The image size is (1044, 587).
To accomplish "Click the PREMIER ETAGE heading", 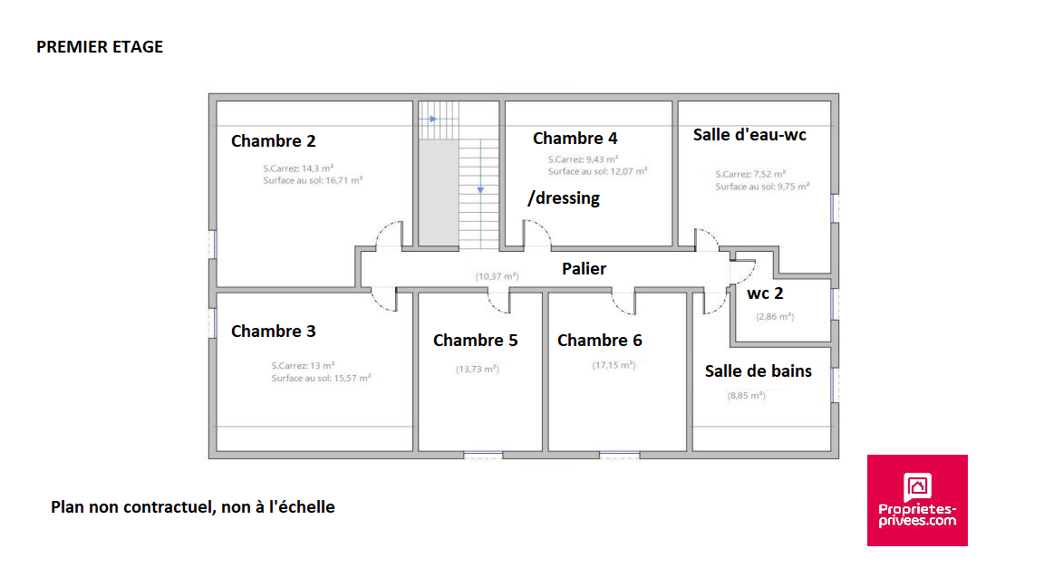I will tap(100, 47).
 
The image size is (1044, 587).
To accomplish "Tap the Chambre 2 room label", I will tap(273, 141).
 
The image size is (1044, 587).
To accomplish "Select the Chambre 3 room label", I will tap(273, 332).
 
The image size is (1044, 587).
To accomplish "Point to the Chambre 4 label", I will tap(575, 139).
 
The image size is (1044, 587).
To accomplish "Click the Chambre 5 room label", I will tap(475, 341).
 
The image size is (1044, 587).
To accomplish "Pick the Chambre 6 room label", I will tap(599, 341).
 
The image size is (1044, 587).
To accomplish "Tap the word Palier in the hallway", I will tap(584, 269).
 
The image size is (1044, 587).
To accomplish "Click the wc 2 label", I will tap(765, 293).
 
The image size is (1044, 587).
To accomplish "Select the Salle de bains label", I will tap(758, 371).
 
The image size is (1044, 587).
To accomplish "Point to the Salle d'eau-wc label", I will tap(749, 135).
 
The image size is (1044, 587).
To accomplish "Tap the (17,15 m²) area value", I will tap(614, 365).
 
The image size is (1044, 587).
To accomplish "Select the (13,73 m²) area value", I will tap(477, 369).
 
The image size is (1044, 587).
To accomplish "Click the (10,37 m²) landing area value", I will tap(497, 275).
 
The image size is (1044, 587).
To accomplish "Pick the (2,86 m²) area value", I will tap(774, 316).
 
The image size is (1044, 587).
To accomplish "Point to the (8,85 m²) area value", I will tap(746, 396).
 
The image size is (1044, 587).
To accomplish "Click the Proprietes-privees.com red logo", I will tap(917, 500).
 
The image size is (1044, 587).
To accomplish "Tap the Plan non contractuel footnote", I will tap(192, 507).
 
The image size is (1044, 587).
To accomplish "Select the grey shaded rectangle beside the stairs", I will tap(438, 196).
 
